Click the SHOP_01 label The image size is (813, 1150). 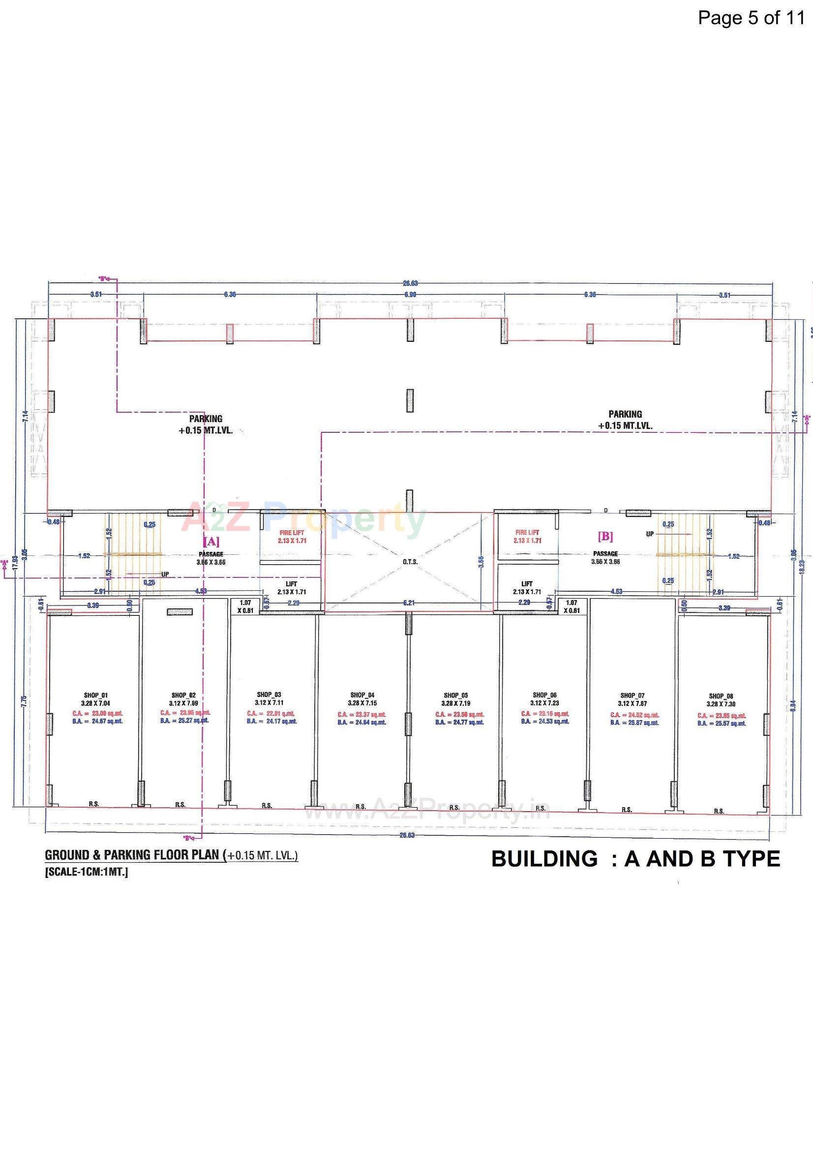[95, 695]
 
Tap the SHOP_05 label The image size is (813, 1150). [455, 695]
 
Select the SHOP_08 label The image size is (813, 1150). [721, 696]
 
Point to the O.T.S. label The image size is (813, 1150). [410, 562]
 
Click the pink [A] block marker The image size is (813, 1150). [211, 542]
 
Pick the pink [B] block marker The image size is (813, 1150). [605, 537]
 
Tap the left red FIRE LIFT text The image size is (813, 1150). [292, 533]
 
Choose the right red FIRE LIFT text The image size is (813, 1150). [527, 532]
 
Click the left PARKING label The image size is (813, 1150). [206, 419]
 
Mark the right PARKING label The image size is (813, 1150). [625, 414]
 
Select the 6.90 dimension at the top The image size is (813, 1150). [410, 295]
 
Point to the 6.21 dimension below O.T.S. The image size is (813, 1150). [409, 603]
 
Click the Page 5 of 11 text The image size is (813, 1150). [751, 18]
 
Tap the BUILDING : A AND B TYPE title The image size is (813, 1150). [635, 859]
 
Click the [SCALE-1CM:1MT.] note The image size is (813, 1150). [87, 872]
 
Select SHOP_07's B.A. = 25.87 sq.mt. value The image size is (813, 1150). [634, 723]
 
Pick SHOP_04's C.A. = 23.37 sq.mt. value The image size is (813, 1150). [361, 714]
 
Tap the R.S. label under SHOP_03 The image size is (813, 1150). [267, 806]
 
